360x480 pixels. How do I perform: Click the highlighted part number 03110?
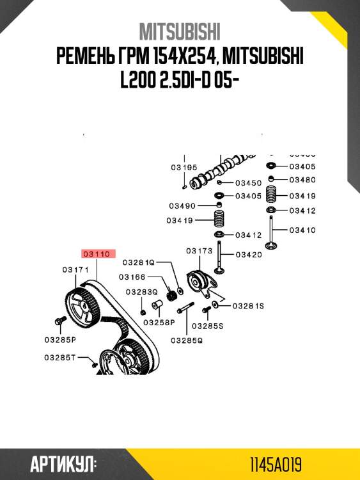coord(98,254)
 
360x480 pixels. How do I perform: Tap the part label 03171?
coord(75,270)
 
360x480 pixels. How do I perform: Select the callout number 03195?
coord(184,168)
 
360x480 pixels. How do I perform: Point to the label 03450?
coord(248,182)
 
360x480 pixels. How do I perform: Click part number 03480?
coord(302,180)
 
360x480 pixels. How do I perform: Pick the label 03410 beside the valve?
coord(302,230)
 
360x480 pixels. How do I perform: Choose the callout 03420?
coord(249,255)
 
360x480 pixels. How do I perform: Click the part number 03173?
coord(199,250)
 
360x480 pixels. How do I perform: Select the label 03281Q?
coord(139,262)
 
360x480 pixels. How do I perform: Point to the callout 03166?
coord(133,277)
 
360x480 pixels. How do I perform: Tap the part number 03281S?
coord(247,306)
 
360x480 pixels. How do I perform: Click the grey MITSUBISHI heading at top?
coord(180,32)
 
